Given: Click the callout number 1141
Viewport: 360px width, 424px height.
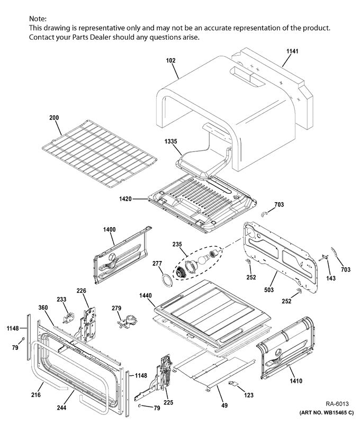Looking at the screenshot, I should (293, 51).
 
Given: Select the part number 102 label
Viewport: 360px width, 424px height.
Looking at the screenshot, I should (170, 60).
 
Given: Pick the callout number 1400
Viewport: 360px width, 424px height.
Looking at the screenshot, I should (109, 229).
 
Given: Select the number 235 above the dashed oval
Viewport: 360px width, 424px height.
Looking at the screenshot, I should (177, 244).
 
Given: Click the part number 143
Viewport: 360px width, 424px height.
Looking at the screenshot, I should (330, 278).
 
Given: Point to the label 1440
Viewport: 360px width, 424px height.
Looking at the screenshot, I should (146, 295).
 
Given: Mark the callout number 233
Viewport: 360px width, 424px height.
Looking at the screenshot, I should (62, 299).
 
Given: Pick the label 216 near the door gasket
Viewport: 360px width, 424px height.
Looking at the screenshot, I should (35, 395).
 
